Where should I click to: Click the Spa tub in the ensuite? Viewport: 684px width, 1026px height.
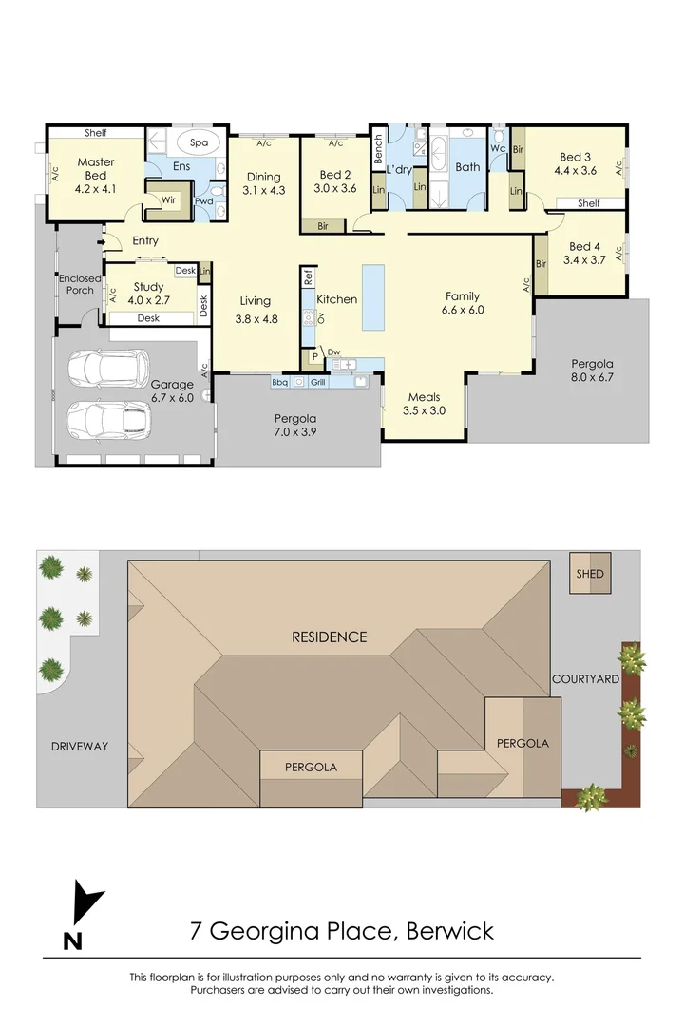point(199,142)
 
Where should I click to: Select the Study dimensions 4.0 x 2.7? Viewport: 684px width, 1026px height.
point(148,300)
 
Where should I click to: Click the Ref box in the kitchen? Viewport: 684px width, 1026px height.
point(308,277)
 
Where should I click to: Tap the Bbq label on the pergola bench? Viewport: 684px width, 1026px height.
point(279,382)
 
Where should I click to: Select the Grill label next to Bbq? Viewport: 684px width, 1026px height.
point(319,382)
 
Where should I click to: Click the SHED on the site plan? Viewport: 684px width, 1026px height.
point(589,574)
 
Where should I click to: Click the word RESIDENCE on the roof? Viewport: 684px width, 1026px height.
point(329,636)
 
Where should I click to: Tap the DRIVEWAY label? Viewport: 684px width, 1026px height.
point(80,747)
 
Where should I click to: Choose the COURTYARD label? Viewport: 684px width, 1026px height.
point(586,679)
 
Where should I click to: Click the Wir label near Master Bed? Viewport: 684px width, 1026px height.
point(168,200)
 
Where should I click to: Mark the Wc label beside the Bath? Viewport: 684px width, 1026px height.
point(497,148)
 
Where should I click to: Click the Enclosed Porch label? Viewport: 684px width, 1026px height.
point(80,284)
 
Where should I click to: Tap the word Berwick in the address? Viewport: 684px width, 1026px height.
point(449,930)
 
